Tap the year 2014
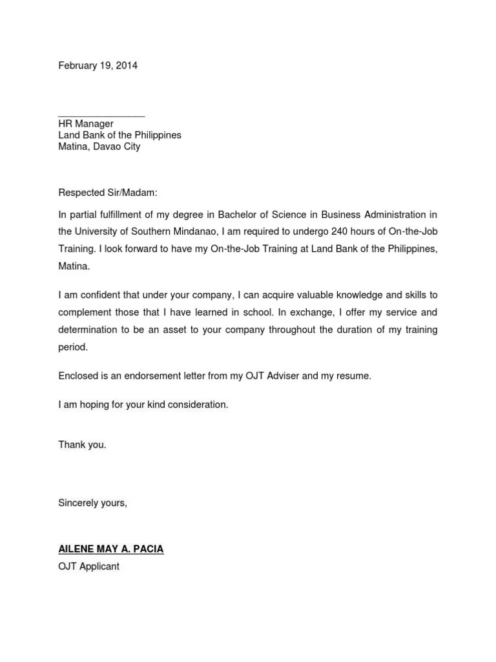127,66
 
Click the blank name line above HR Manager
101,114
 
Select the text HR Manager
86,123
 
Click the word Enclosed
79,376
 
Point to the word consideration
196,405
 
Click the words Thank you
82,445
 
